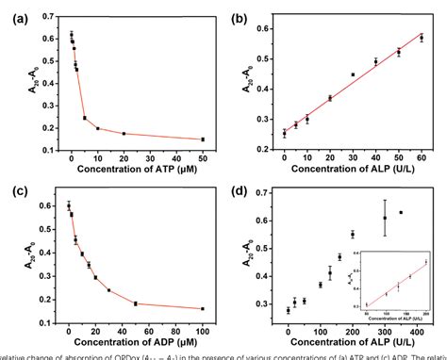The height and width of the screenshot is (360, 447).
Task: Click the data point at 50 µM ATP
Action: point(202,139)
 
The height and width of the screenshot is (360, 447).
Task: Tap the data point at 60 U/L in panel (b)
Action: point(422,38)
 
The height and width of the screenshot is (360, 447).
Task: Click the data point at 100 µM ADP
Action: point(202,308)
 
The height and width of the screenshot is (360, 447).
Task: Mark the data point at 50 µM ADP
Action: point(135,303)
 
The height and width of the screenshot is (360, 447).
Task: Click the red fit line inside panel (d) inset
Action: point(396,284)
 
